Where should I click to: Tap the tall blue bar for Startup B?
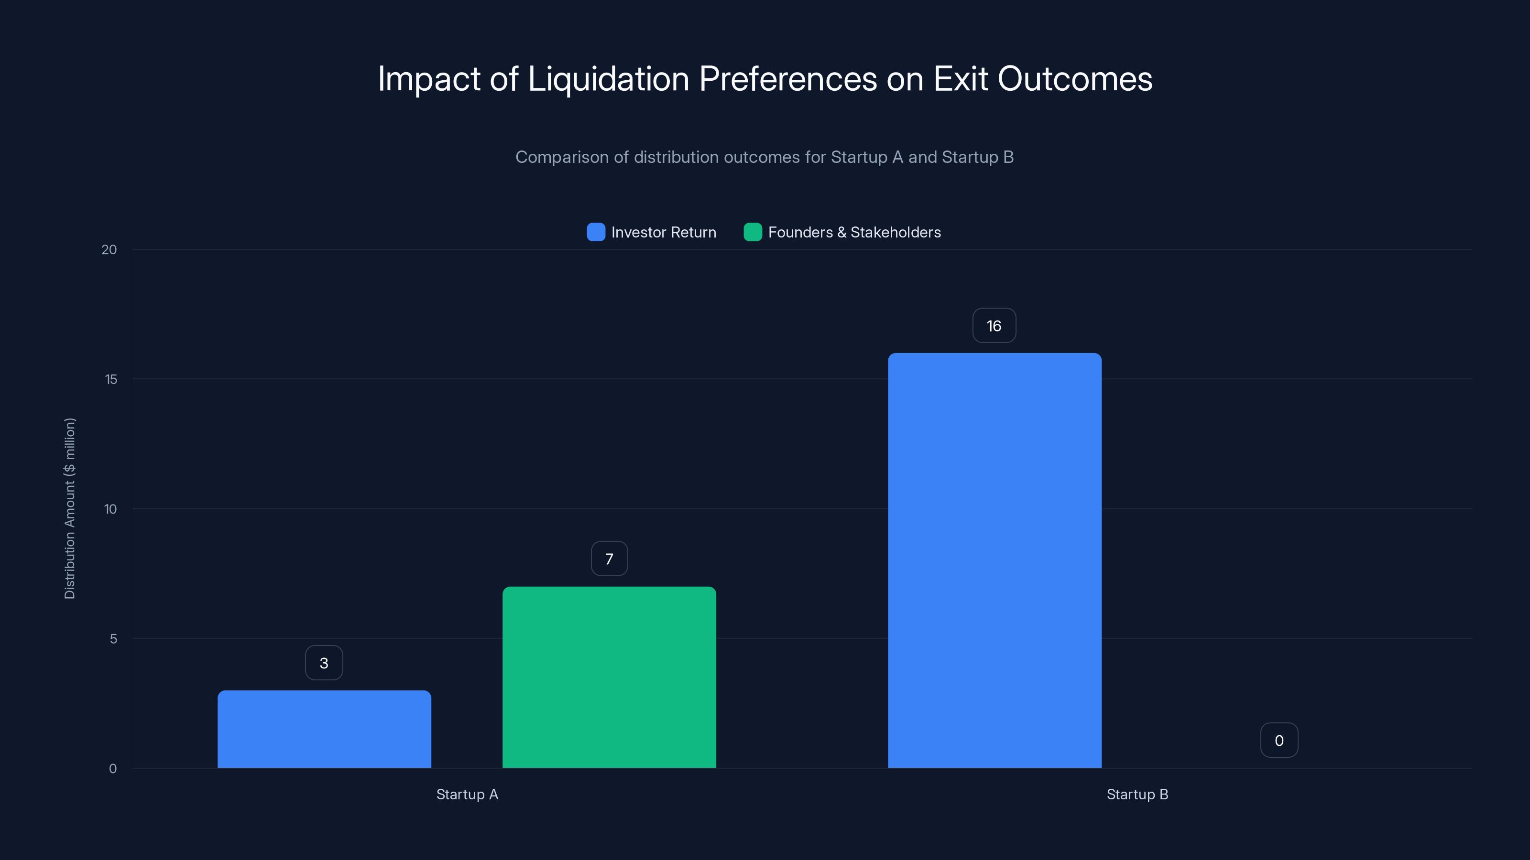coord(994,560)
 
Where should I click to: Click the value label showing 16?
coord(994,326)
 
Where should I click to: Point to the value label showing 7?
coord(609,559)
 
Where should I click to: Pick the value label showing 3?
coord(324,663)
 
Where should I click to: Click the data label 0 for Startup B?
coord(1279,740)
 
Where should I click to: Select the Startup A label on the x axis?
coord(467,794)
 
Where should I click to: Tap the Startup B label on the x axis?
coord(1137,794)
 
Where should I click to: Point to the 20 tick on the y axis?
coord(109,249)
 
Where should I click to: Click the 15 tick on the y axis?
coord(111,379)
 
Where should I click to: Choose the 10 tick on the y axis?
coord(110,509)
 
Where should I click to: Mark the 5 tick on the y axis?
coord(113,639)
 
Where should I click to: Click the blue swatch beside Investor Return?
coord(596,232)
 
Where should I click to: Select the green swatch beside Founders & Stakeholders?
coord(753,232)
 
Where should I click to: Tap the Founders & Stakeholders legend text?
coord(854,232)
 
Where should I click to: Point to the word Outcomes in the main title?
coord(1074,79)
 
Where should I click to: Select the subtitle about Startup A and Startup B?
coord(765,157)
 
